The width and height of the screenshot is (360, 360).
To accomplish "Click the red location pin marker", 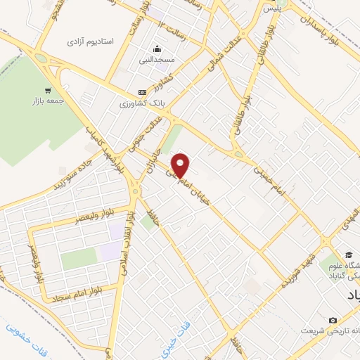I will (x=181, y=165).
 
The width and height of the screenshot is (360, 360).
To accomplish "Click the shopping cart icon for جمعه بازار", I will (x=48, y=90).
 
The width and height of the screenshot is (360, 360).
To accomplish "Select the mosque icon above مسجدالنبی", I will (x=157, y=49).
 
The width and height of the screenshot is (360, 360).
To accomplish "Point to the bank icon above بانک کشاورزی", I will (x=142, y=92).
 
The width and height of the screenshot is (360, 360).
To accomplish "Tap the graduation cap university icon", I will (x=349, y=254).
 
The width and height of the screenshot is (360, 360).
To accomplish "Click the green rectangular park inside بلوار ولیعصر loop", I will (x=77, y=259).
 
